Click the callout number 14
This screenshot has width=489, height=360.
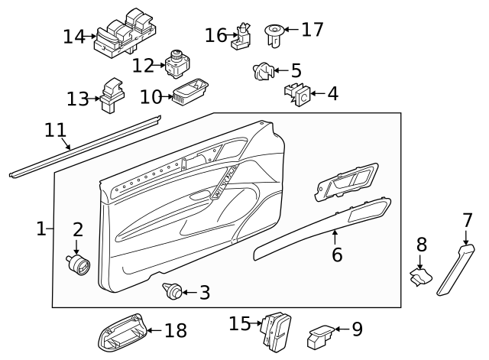click(x=74, y=36)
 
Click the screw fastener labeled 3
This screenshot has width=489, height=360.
click(x=173, y=290)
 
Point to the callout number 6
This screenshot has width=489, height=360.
click(x=337, y=255)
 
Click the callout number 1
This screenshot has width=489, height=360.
click(x=41, y=228)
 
